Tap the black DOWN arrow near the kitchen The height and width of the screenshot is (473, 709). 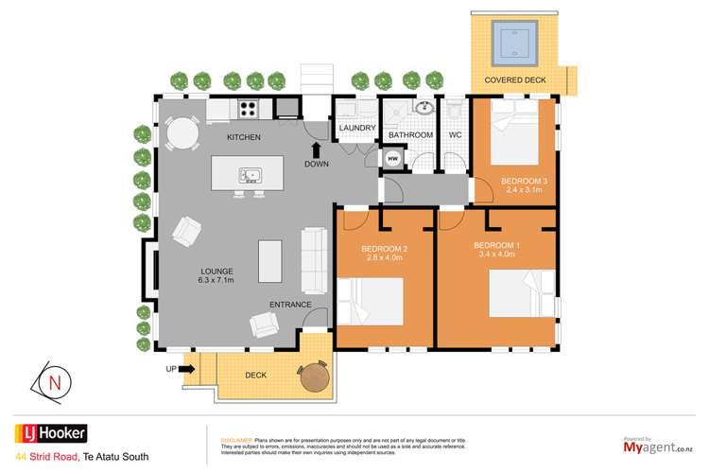[x=317, y=149]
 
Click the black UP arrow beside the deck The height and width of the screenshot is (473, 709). [x=186, y=368]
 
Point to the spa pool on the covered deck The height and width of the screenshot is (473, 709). [x=515, y=42]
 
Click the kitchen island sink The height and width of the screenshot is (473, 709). [x=251, y=175]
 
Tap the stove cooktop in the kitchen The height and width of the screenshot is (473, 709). [x=248, y=110]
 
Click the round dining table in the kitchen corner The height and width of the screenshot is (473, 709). [x=180, y=136]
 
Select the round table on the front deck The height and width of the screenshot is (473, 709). [x=314, y=377]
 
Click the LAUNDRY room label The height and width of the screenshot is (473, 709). [x=357, y=129]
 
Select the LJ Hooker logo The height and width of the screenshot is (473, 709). [x=50, y=434]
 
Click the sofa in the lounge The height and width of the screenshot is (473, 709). [x=312, y=260]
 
